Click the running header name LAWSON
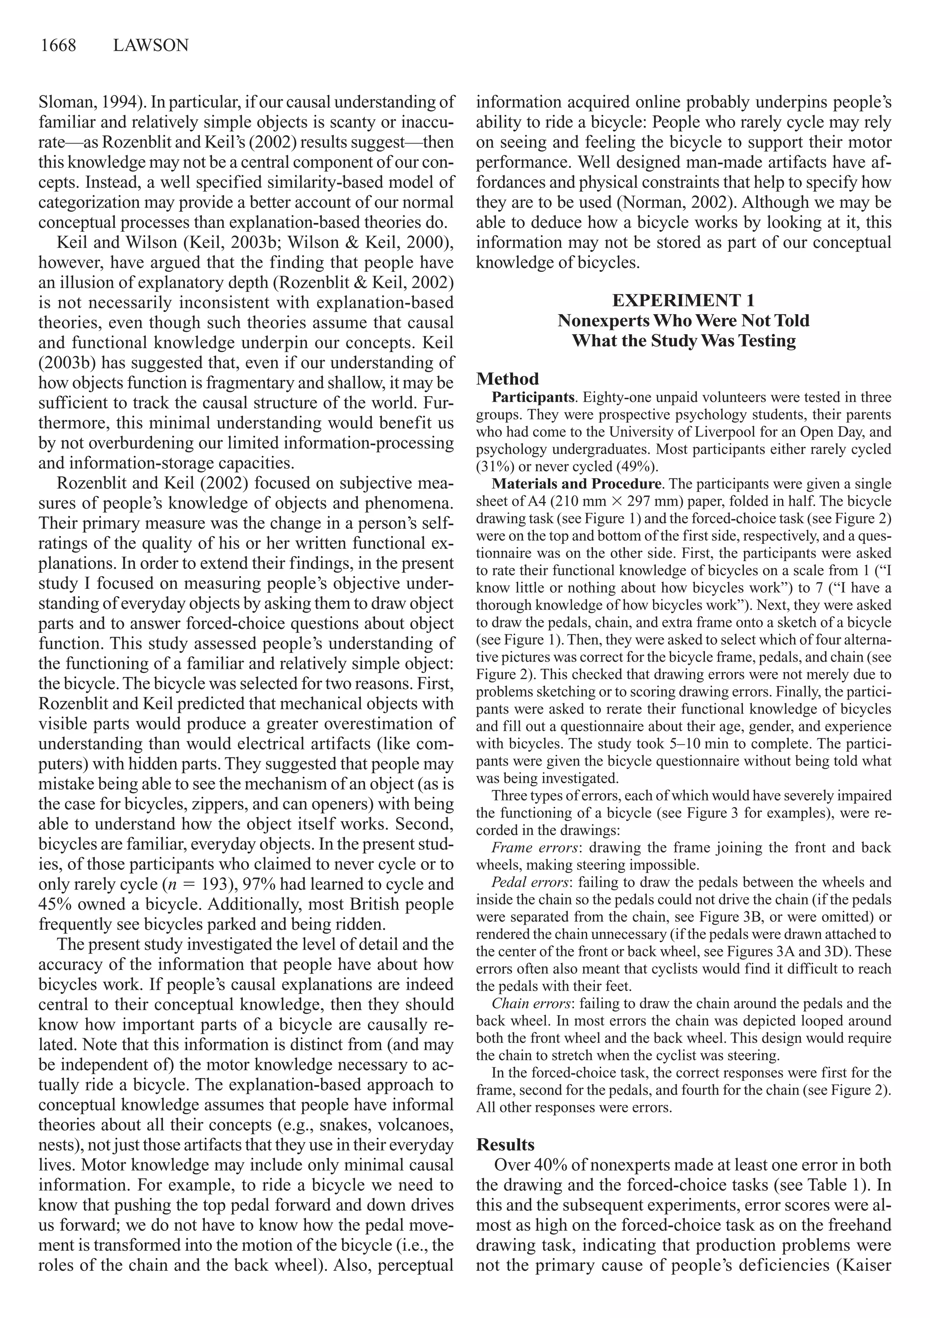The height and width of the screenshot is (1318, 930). [x=151, y=45]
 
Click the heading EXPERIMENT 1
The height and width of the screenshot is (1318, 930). [x=683, y=300]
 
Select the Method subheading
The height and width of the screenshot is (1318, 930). [x=508, y=379]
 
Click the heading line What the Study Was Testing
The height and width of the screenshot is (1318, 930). [x=683, y=341]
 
